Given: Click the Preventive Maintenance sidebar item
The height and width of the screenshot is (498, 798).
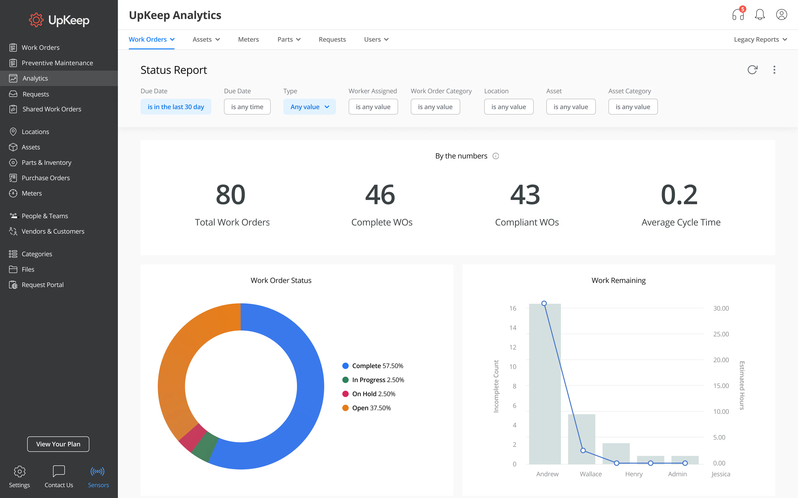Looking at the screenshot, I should (x=57, y=63).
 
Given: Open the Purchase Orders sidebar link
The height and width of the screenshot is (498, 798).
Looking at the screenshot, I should (x=46, y=178).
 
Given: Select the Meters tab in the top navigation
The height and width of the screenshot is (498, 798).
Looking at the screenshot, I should (x=248, y=40).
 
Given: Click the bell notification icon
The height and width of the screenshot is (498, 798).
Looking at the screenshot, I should (x=759, y=15).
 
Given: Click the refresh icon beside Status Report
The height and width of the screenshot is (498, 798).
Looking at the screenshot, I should (x=752, y=70).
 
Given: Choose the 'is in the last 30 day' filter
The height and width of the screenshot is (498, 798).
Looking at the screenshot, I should (x=176, y=107).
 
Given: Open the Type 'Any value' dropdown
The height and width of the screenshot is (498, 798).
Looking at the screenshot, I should (x=309, y=107).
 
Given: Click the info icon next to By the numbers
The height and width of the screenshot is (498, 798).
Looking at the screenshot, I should (x=496, y=156).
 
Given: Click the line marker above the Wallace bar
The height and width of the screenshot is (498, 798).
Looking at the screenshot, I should (x=583, y=450).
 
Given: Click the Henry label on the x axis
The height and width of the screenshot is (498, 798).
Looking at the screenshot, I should (x=633, y=474).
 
